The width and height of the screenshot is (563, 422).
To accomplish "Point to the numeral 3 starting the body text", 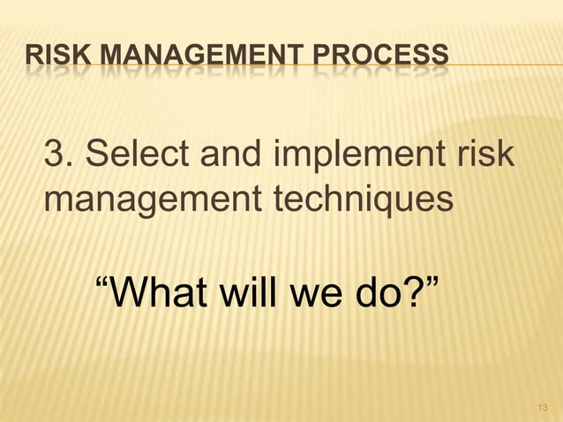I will [x=55, y=158].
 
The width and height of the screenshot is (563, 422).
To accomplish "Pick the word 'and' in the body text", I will [x=230, y=158].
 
